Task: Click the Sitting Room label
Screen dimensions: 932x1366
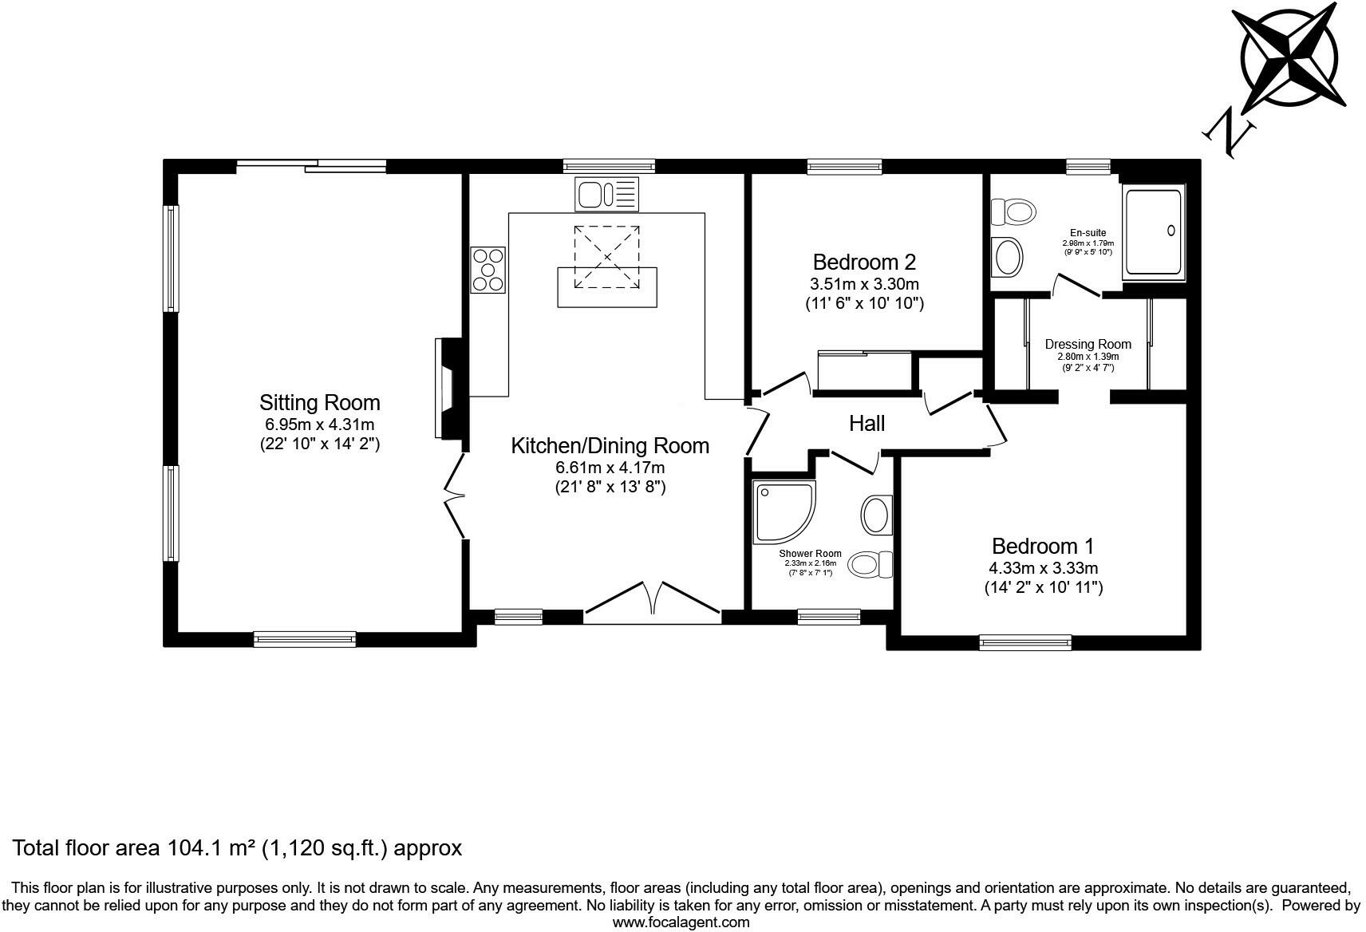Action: pos(319,403)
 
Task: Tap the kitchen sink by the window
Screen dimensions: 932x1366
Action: pos(606,195)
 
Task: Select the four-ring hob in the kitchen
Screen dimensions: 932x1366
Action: pos(488,270)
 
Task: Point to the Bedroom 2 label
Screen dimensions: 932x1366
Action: pos(864,262)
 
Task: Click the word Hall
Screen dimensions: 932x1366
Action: pos(867,423)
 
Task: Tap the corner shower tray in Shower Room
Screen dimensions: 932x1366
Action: pos(783,511)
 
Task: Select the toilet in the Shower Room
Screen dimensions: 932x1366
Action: pos(871,565)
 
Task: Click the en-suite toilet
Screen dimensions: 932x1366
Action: pos(1013,212)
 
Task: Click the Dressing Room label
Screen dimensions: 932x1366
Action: pos(1088,345)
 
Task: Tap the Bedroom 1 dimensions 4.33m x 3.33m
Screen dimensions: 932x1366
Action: pos(1043,568)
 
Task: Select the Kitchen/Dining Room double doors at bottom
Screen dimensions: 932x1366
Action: pos(653,603)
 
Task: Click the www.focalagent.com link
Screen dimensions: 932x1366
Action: pos(681,922)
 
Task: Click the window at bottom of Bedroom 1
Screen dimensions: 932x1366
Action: pos(1025,642)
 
